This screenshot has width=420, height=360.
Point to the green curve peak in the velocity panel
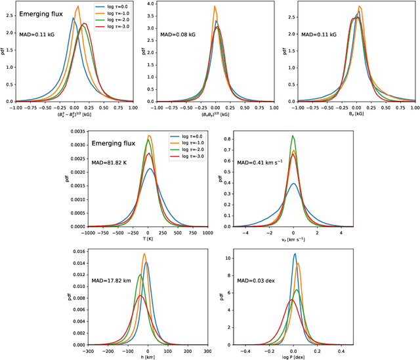293,136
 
